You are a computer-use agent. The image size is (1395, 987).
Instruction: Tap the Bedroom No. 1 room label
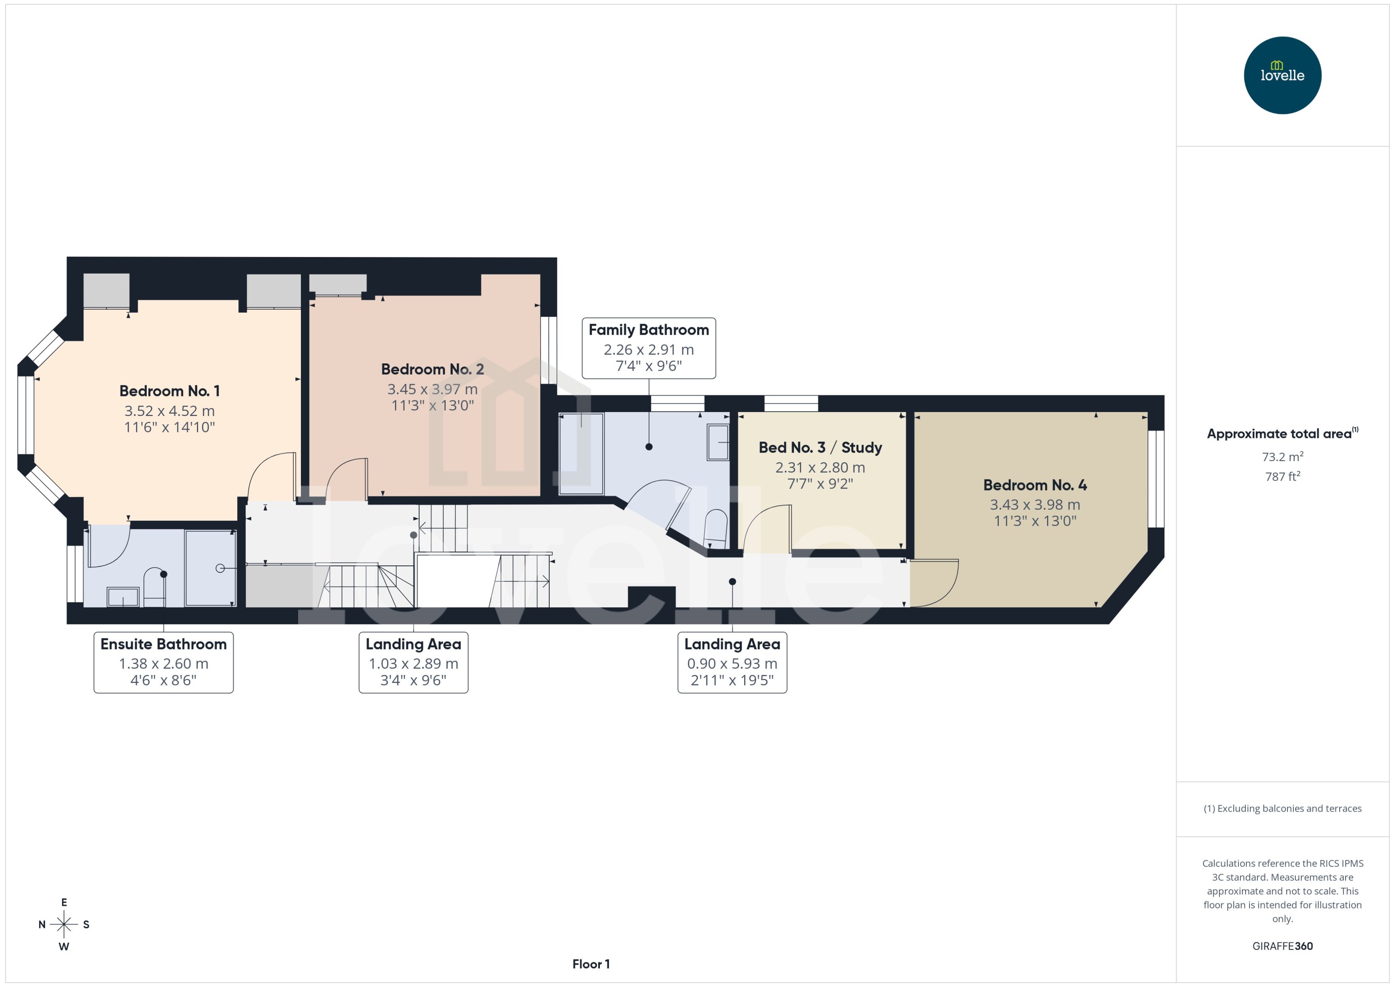(169, 391)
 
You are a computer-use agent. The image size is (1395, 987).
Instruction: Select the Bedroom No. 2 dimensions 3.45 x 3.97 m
(432, 389)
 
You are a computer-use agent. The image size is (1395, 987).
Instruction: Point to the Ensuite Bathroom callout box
(163, 662)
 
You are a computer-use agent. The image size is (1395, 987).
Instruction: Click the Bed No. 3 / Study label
(819, 447)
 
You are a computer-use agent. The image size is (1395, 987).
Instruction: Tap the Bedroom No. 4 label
(1035, 485)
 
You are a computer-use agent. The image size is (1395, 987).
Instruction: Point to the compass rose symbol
(64, 924)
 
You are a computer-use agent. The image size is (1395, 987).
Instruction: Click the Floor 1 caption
(590, 964)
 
